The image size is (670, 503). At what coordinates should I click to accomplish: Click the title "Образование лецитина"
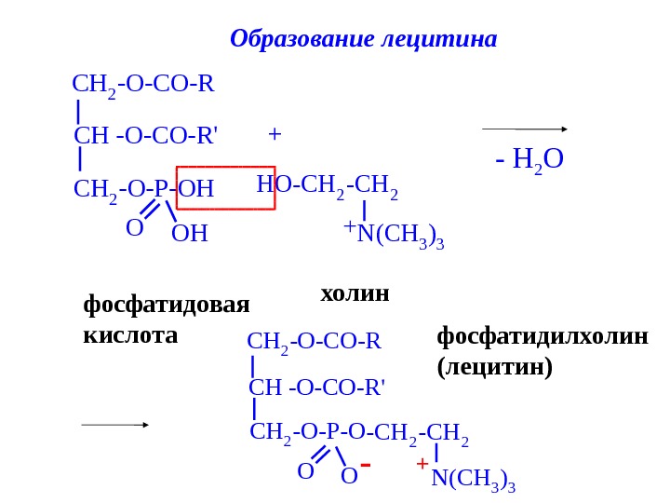coord(363,40)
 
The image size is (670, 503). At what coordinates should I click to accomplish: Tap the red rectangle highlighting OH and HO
coord(226,188)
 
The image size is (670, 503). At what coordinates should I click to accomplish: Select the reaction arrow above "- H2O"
coord(525,129)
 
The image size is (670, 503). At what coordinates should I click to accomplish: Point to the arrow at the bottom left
coord(114,425)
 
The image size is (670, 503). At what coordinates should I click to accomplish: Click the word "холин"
coord(355,294)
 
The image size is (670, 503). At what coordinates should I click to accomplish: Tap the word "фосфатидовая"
coord(167,305)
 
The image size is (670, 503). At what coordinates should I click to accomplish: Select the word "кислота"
coord(130,334)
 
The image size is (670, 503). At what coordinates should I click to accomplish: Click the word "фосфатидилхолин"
coord(543,335)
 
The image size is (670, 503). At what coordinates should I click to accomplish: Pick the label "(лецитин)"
coord(495,366)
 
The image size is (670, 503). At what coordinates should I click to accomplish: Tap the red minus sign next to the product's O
coord(366,464)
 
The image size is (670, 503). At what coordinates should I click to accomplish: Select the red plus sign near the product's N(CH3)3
coord(422,463)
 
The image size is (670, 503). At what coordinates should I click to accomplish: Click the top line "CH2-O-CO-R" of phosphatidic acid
coord(143,87)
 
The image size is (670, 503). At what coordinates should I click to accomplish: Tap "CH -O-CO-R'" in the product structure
coord(317,387)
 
